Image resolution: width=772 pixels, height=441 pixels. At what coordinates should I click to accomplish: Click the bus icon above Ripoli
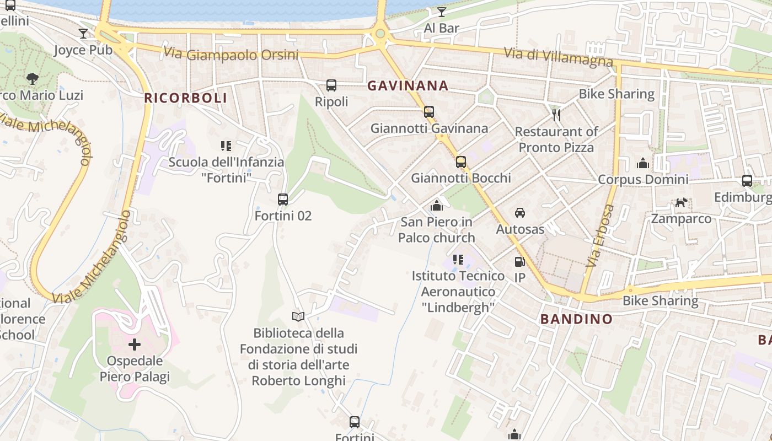331,85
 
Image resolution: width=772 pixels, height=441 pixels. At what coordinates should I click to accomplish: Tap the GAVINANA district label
408,85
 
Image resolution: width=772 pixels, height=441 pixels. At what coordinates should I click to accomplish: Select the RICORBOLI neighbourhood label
185,98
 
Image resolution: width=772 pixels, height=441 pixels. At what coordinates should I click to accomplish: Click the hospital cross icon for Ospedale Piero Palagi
135,345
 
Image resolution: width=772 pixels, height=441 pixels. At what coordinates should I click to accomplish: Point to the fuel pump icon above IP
519,262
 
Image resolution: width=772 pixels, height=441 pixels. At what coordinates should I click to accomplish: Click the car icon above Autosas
519,213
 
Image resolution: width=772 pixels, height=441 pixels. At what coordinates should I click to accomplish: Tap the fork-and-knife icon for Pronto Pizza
556,115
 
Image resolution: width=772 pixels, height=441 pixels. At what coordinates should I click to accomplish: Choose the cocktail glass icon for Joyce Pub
83,34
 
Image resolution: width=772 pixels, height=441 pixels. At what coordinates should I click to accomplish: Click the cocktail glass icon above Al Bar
442,12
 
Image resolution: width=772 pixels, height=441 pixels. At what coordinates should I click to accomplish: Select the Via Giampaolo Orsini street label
231,54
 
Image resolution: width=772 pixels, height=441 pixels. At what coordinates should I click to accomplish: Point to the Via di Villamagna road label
558,56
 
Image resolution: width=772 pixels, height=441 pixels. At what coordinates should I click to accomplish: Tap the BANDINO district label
576,319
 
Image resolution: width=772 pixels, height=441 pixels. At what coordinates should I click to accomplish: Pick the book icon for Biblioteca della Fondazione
298,316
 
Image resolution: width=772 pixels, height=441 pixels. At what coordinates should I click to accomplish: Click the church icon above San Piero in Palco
437,206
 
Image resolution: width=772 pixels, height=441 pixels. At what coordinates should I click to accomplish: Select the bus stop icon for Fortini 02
283,199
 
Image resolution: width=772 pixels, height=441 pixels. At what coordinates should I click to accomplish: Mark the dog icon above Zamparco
682,202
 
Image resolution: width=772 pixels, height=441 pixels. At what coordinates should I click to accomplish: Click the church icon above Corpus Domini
643,163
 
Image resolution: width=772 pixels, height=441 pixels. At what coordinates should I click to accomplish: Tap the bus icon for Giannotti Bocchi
461,162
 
